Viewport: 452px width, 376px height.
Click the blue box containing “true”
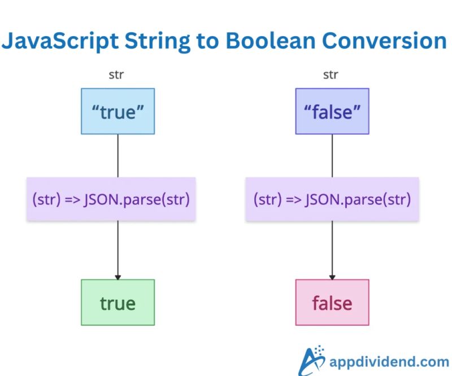tap(118, 111)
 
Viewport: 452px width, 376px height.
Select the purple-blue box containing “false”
tap(332, 111)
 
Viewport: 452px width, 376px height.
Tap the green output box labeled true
tap(118, 303)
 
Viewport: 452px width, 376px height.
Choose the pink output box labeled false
tap(332, 303)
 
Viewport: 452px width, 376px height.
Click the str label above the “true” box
tap(116, 75)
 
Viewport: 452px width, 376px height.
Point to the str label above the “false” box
tap(331, 75)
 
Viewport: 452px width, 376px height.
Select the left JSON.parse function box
tap(111, 199)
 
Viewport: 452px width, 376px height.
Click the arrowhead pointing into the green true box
tap(118, 276)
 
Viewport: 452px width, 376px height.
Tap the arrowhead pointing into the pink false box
tap(332, 276)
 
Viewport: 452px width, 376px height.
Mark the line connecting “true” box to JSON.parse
tap(118, 155)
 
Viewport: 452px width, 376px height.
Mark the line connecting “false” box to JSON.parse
tap(332, 155)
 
